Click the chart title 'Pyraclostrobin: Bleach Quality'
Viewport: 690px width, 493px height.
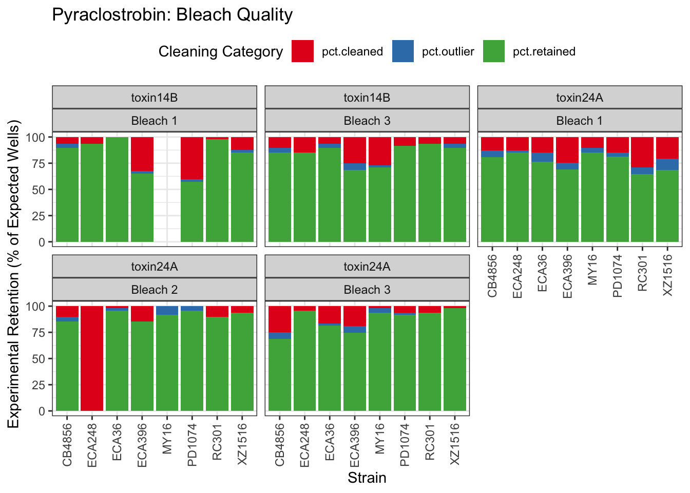click(x=172, y=15)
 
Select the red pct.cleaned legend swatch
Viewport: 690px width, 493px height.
click(x=302, y=51)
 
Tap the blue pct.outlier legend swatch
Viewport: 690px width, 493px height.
click(x=403, y=51)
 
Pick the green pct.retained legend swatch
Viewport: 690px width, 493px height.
click(x=494, y=51)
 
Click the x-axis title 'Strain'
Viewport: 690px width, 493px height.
click(x=367, y=478)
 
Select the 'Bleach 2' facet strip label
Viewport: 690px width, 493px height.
click(x=154, y=290)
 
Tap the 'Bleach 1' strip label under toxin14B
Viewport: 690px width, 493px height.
click(x=154, y=121)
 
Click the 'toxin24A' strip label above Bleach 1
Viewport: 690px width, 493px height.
click(x=579, y=98)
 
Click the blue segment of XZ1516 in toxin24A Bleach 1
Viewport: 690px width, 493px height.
click(x=667, y=164)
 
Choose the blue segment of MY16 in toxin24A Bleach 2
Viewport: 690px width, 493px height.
click(x=167, y=310)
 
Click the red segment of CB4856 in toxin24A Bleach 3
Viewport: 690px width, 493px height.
click(x=280, y=319)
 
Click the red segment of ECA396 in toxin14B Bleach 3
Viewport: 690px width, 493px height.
click(x=355, y=150)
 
